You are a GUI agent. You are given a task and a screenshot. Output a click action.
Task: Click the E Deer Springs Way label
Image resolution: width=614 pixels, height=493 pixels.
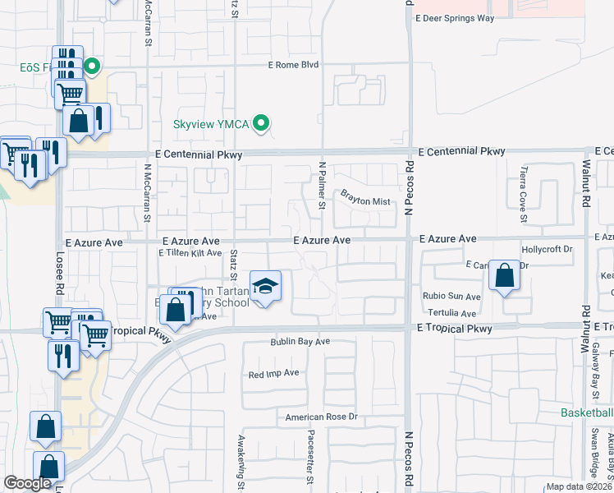click(x=465, y=17)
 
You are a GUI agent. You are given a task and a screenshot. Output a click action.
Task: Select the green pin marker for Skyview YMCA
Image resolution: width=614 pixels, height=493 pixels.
click(x=262, y=124)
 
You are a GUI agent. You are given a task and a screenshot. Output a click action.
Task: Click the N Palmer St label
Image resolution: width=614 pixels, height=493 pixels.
click(x=323, y=185)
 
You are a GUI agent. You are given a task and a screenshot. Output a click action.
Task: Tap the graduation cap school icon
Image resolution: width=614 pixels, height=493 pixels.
click(x=265, y=287)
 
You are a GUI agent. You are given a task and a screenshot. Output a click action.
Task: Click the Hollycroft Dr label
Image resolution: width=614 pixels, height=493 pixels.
click(x=546, y=249)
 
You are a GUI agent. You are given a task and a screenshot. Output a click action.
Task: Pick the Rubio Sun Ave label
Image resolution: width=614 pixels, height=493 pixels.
click(x=452, y=297)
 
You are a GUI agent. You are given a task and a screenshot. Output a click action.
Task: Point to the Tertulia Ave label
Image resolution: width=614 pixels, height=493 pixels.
click(x=451, y=314)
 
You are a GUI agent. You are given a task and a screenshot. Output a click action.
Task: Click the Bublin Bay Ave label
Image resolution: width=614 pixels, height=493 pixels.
click(x=300, y=341)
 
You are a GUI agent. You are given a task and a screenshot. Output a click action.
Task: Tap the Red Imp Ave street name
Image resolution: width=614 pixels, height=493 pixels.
click(x=274, y=373)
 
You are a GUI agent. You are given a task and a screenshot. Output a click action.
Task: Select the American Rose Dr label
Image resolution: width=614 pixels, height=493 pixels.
click(x=323, y=417)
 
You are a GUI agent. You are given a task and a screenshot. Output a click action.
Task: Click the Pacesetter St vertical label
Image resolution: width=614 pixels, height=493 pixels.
click(x=310, y=456)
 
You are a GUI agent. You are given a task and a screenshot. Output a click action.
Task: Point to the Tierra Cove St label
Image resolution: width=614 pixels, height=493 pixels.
click(x=523, y=195)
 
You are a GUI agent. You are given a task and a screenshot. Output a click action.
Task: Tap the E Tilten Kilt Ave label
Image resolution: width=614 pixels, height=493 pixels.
click(x=190, y=253)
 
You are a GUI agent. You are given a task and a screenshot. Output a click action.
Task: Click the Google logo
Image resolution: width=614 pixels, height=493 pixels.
click(x=27, y=483)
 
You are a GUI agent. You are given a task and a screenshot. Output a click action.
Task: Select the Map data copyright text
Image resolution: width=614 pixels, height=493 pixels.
click(x=580, y=486)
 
